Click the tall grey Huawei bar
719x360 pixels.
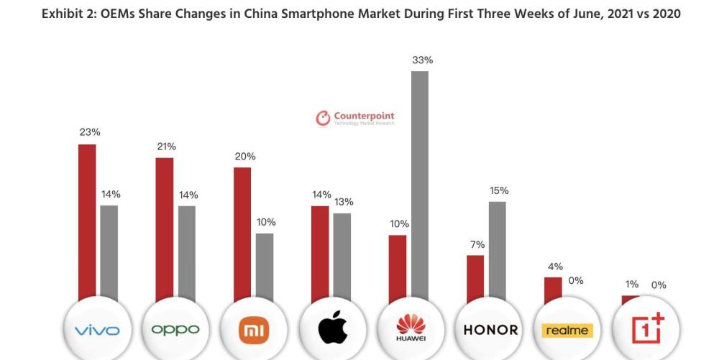(x=420, y=186)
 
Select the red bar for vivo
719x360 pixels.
(x=87, y=223)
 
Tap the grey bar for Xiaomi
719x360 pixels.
(x=265, y=267)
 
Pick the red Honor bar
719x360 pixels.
(x=475, y=279)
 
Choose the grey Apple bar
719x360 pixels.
(x=342, y=257)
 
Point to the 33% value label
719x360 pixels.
(x=422, y=60)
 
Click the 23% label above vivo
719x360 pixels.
(x=90, y=132)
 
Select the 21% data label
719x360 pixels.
(x=166, y=147)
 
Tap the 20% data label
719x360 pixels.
(x=245, y=157)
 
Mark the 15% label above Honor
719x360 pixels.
(x=499, y=190)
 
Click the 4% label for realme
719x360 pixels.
(x=555, y=267)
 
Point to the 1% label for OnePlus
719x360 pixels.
(x=632, y=285)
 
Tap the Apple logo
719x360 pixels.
(x=332, y=327)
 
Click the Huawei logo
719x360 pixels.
(x=411, y=327)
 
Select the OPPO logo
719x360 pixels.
(x=175, y=330)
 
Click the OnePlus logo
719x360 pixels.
(x=648, y=328)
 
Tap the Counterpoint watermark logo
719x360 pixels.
(x=355, y=118)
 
